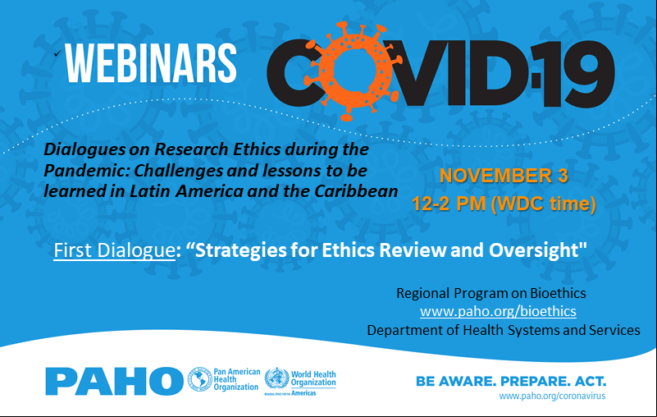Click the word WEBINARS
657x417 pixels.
point(151,63)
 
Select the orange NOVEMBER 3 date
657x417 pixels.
point(504,176)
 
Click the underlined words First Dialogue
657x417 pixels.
point(114,250)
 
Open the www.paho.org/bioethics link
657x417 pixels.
point(498,311)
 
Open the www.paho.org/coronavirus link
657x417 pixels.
point(552,396)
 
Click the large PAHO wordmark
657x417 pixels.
point(114,381)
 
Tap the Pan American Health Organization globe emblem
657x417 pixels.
point(199,379)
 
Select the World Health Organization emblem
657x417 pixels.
point(276,378)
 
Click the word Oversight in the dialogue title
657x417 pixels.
point(537,250)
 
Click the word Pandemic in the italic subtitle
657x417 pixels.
point(86,170)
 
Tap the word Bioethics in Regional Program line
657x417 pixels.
point(558,293)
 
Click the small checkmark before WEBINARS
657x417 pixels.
point(57,53)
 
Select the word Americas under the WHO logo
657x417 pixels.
point(303,393)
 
